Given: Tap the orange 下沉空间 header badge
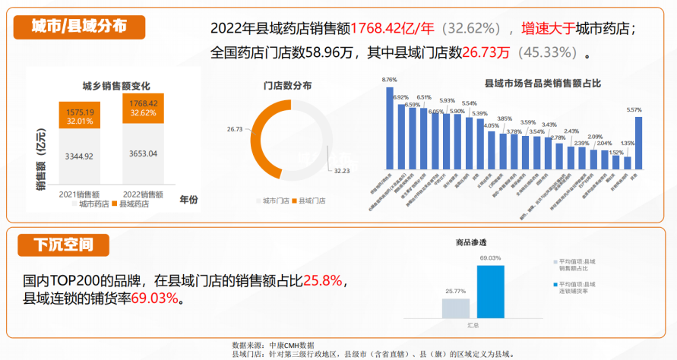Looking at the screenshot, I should click(x=65, y=245).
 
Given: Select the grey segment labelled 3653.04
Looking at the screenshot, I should click(x=144, y=154).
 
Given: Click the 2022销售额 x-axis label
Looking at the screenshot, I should click(x=144, y=194).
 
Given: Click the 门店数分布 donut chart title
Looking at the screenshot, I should click(x=287, y=86).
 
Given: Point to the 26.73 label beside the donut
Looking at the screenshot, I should click(x=235, y=129).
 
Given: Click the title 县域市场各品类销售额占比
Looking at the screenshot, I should click(x=532, y=82).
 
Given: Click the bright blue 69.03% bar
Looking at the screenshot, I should click(x=490, y=291).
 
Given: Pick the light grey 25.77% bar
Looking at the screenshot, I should click(x=455, y=308).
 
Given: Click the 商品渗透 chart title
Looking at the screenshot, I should click(x=471, y=242).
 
